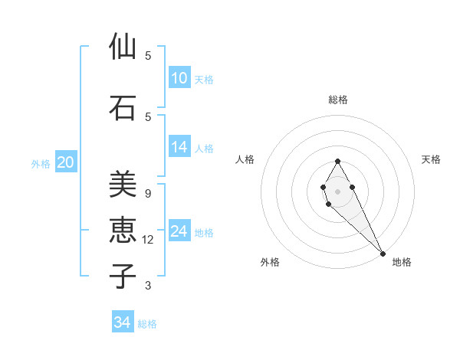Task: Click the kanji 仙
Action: click(123, 47)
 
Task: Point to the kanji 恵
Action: click(123, 230)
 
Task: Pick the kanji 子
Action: click(123, 276)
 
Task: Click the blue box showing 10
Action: click(179, 78)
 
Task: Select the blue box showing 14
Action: click(179, 147)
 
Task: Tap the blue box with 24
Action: click(179, 231)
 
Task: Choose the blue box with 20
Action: click(66, 162)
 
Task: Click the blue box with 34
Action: click(123, 322)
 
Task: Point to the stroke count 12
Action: click(149, 240)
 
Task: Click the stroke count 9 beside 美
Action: click(148, 193)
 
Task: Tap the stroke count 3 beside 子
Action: click(148, 286)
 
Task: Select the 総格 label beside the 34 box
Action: click(147, 324)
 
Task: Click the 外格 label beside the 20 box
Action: click(41, 164)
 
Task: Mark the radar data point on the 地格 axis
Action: click(383, 254)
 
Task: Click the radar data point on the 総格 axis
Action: click(337, 161)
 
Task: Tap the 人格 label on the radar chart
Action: click(245, 159)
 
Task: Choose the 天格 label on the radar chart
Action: click(431, 159)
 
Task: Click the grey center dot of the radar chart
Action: click(337, 191)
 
